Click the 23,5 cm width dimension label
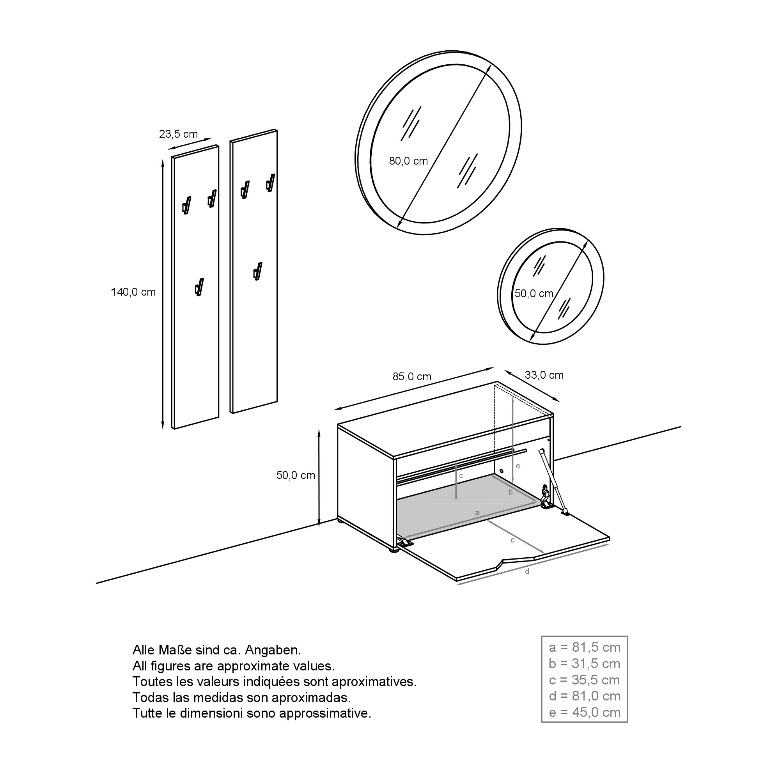coord(179,134)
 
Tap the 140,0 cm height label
coord(133,292)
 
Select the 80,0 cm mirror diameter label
coord(408,161)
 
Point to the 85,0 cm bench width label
coord(412,377)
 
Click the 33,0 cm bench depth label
coord(544,375)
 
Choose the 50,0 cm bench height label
coord(296,475)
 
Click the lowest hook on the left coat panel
coord(199,287)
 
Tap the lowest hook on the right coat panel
coord(258,271)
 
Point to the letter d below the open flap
coord(526,571)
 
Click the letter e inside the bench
coord(518,466)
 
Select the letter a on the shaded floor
coord(477,513)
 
